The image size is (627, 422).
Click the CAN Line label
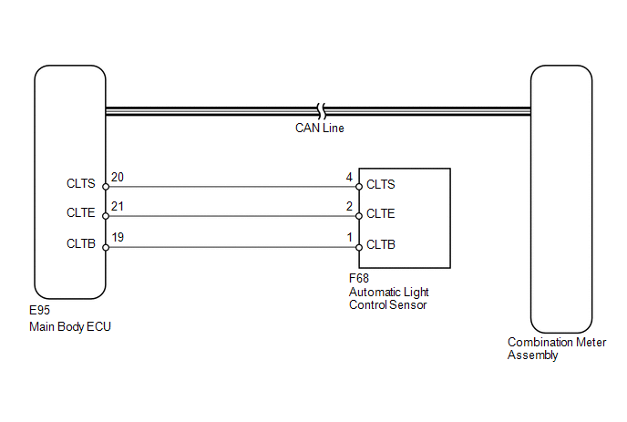coord(320,128)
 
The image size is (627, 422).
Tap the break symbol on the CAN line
coord(321,111)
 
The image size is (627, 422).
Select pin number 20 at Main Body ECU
coord(118,177)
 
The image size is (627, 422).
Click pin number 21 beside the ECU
coord(118,206)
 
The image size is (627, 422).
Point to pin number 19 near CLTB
coord(118,237)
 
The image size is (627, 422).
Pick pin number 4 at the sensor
coord(349,177)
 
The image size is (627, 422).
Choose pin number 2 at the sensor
coord(349,206)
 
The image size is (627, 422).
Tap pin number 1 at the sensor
coord(349,237)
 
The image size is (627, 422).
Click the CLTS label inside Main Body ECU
coord(81,183)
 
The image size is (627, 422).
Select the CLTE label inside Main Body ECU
coord(81,212)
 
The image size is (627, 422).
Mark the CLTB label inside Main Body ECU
coord(81,243)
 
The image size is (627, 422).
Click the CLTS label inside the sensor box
coord(381,184)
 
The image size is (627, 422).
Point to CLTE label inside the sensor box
coord(381,213)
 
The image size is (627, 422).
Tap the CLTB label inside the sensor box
coord(381,244)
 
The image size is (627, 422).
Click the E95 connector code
coord(39,311)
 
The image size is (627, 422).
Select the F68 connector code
coord(359,278)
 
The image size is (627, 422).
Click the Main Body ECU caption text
coord(70,327)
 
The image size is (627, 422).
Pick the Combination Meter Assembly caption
coord(557,348)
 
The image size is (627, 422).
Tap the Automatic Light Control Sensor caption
coord(388,298)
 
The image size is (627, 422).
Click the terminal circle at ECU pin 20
coord(106,187)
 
